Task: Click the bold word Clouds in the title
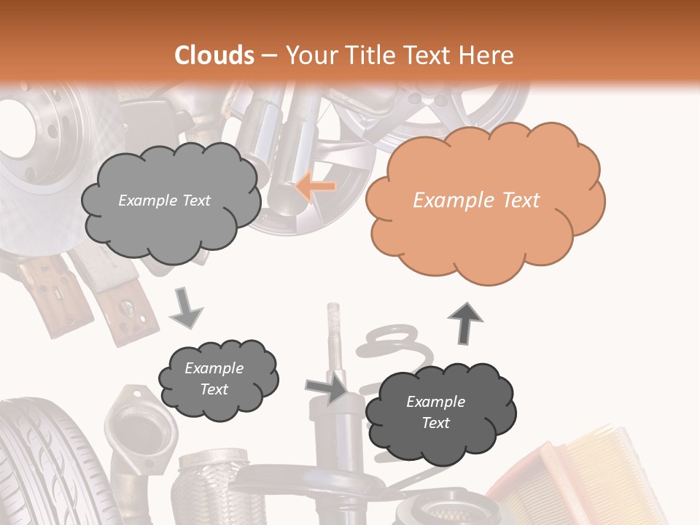(214, 55)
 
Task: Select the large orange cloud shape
(484, 219)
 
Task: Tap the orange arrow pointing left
(316, 187)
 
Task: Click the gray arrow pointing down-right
(187, 308)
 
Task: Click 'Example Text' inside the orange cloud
(476, 201)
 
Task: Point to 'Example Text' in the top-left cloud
(164, 201)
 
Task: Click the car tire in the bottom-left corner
(44, 467)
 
